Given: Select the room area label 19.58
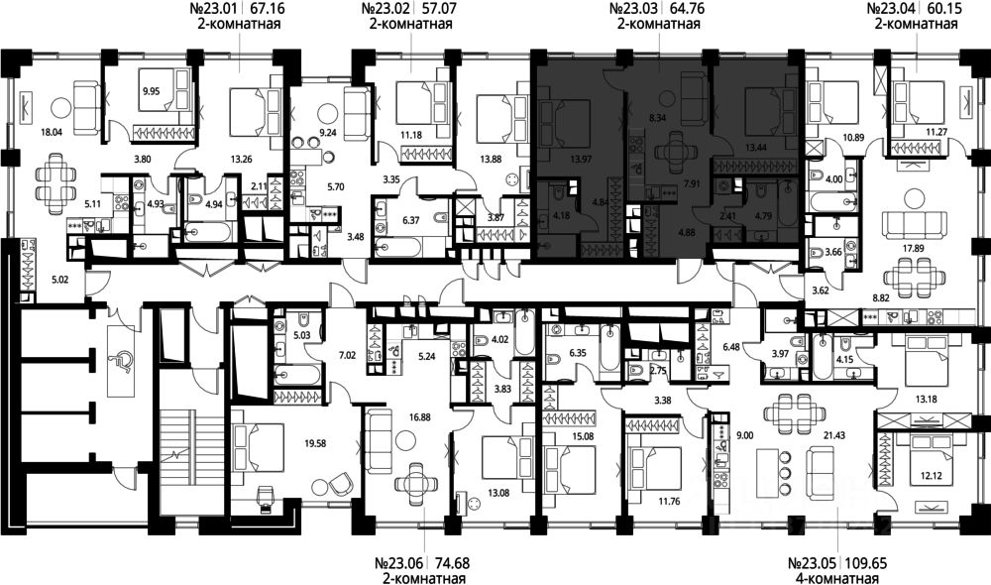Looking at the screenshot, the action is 315,444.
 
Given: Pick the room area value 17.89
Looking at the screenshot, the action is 914,249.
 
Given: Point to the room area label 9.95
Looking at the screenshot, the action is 151,91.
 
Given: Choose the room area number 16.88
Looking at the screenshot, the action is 421,417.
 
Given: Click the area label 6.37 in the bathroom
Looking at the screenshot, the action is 411,221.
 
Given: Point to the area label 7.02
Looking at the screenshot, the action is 348,355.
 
